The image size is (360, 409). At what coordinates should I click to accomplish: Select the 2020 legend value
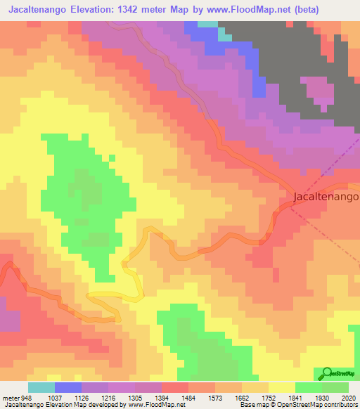349,396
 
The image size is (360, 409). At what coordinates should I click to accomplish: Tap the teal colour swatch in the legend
41,387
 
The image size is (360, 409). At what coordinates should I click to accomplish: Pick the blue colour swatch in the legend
68,387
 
